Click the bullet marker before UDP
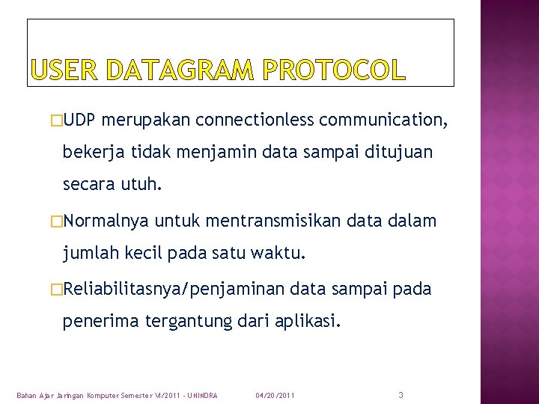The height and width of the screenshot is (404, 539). click(56, 120)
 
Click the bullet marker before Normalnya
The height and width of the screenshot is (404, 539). click(56, 221)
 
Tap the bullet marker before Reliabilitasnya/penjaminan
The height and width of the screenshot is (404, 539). click(56, 290)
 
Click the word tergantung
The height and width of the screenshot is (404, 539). click(180, 322)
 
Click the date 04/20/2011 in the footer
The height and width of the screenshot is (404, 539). click(275, 395)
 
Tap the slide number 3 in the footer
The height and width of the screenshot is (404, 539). click(401, 394)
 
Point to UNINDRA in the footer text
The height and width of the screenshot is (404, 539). click(201, 395)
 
